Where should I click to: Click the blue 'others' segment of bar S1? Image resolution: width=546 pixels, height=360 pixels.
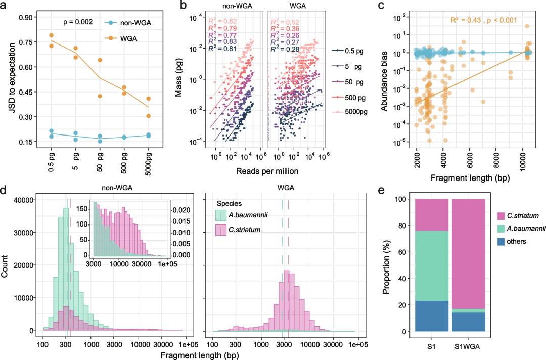pyautogui.click(x=431, y=316)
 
